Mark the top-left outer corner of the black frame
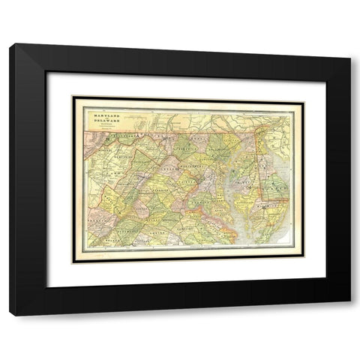click(x=10, y=45)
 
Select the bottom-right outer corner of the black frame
click(x=350, y=315)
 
